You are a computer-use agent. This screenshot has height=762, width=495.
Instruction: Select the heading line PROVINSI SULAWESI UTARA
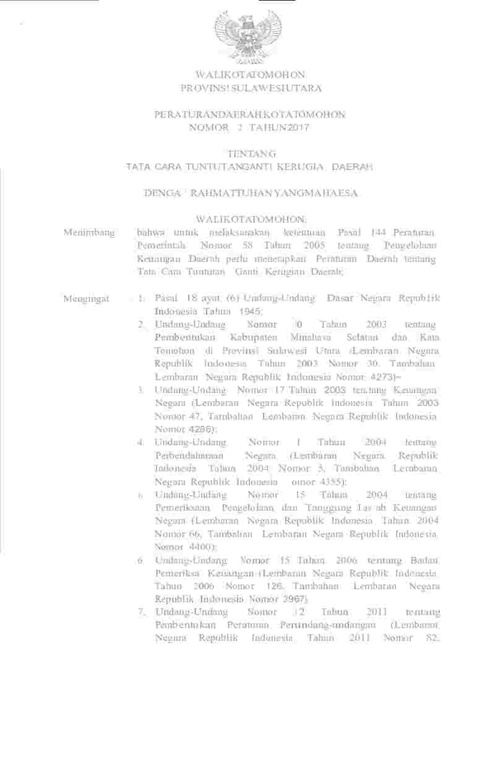click(251, 89)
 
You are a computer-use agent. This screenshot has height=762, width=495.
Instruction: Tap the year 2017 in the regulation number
click(295, 128)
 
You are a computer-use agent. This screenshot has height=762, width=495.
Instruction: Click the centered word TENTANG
click(250, 154)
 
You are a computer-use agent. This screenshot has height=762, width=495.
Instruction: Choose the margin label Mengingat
click(87, 299)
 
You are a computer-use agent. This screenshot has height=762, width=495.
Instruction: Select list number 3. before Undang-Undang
click(142, 390)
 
